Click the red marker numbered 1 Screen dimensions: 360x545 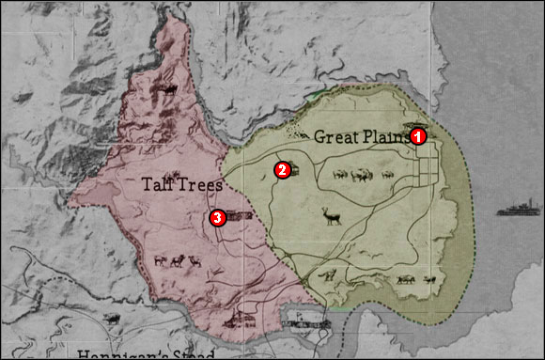[419, 136]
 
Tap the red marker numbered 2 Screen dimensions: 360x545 [280, 170]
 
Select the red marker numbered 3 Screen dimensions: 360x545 [217, 218]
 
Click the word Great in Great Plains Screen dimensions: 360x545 [336, 136]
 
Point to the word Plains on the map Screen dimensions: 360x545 [386, 136]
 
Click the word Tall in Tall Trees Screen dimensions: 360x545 [160, 185]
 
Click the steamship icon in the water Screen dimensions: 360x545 [520, 207]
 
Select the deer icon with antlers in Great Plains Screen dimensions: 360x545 [331, 217]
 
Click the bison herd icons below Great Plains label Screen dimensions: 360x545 [352, 175]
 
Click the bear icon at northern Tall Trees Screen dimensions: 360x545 [169, 90]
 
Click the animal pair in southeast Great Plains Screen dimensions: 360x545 [416, 278]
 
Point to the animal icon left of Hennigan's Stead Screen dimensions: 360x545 [111, 320]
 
